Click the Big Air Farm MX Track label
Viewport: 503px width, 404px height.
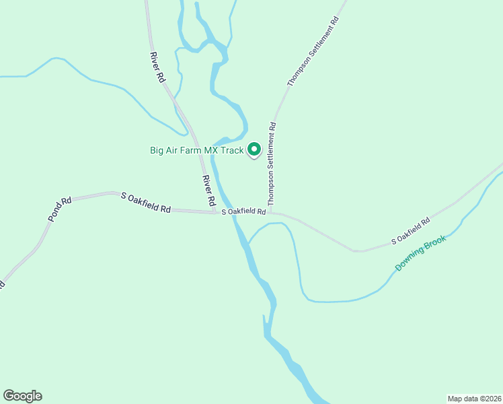tap(196, 150)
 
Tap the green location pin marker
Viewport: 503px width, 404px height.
tap(254, 149)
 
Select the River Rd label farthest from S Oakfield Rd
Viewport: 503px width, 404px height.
tap(158, 67)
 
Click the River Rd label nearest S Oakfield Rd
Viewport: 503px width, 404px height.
tap(209, 191)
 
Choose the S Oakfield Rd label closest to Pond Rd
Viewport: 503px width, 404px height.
tap(146, 202)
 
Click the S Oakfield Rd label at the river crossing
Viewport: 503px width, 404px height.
tap(244, 211)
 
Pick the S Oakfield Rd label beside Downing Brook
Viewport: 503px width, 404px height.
tap(411, 231)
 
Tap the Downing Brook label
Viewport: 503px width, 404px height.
tap(420, 252)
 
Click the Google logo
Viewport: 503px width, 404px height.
tap(22, 396)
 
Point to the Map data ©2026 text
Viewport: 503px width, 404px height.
tap(474, 398)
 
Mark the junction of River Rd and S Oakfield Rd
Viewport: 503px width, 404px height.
tap(215, 213)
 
